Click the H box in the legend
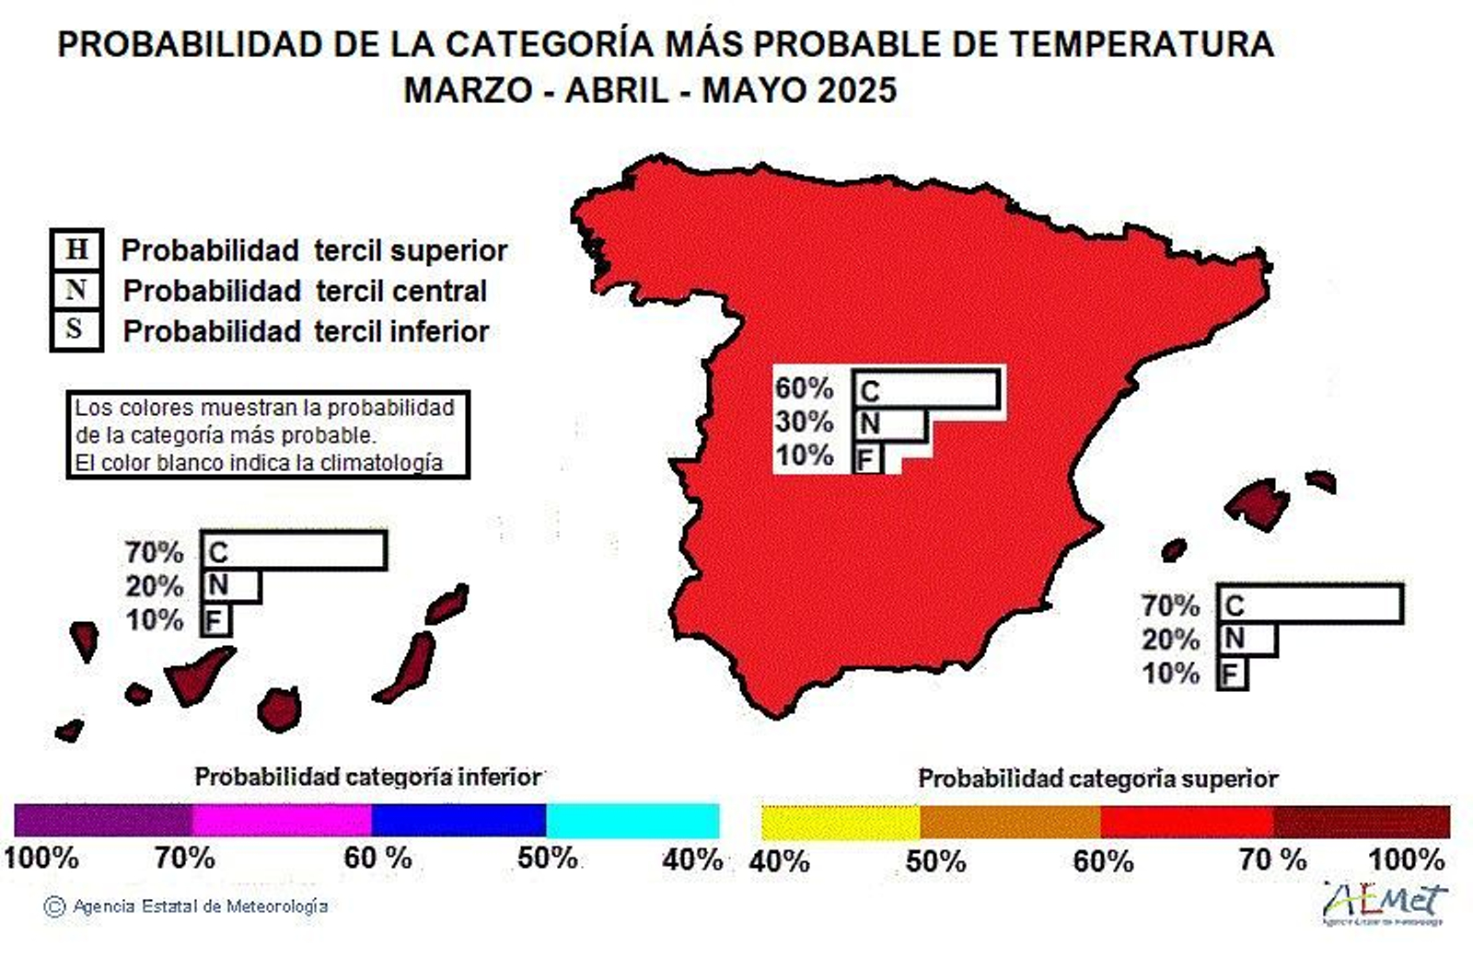[76, 249]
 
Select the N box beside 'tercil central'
[75, 290]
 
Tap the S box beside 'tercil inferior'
[75, 329]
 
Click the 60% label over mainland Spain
[804, 388]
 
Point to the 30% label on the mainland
[804, 422]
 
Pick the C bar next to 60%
[925, 389]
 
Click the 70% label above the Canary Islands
[155, 552]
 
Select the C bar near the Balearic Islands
[1309, 605]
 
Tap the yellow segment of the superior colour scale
[840, 822]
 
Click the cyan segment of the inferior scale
[632, 820]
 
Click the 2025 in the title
[856, 90]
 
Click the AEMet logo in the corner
[1386, 902]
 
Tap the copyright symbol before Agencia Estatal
[54, 906]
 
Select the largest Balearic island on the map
[1257, 504]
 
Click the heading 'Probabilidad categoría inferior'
[367, 777]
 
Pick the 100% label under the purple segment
[41, 858]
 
